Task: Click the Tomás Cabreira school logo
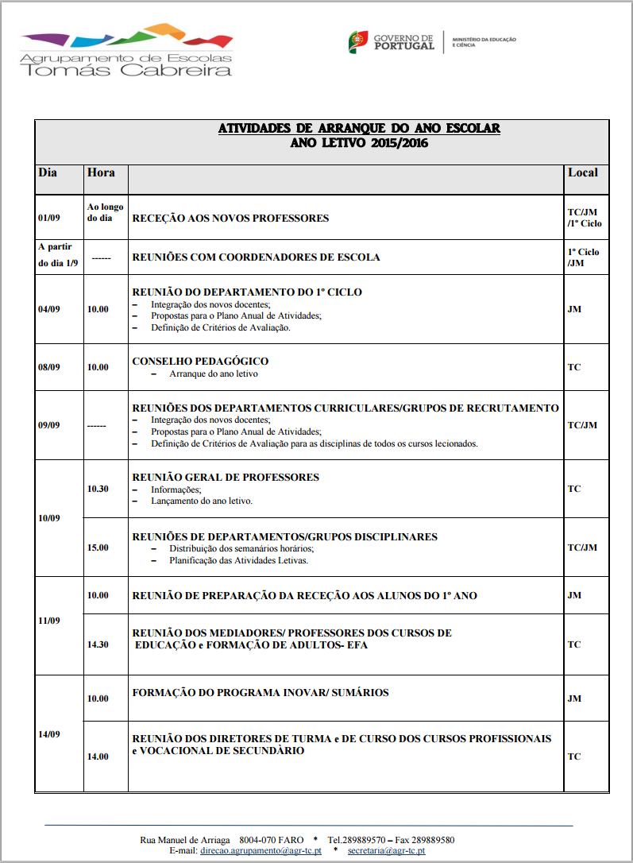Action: (127, 52)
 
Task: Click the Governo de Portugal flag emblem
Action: (358, 42)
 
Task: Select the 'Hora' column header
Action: (101, 172)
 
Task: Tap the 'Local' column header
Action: (582, 172)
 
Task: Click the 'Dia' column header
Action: (48, 172)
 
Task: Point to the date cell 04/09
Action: (49, 309)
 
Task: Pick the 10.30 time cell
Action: (98, 489)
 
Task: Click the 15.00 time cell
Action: (98, 548)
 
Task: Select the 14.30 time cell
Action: (98, 644)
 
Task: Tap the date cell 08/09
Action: (49, 367)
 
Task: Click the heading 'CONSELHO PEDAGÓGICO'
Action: (200, 362)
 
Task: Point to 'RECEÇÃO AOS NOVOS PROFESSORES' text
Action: (230, 219)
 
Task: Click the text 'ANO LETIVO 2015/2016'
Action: (359, 143)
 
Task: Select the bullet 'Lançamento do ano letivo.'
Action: (202, 501)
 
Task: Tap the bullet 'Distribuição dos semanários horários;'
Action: (241, 548)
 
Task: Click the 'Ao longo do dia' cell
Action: (105, 212)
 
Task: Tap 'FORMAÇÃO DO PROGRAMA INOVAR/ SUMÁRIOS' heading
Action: (261, 693)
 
